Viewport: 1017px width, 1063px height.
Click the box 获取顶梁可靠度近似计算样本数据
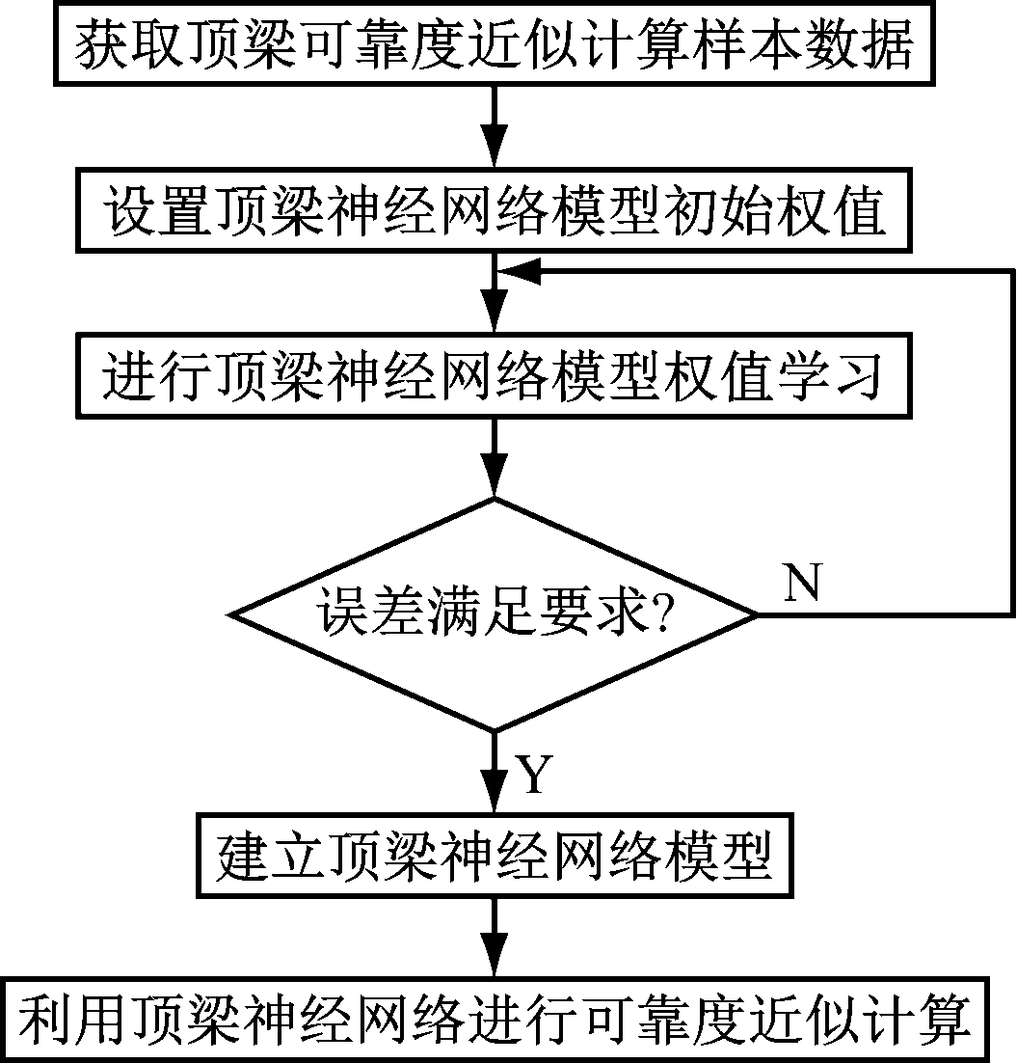(x=494, y=44)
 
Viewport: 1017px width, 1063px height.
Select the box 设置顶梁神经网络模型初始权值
(x=494, y=212)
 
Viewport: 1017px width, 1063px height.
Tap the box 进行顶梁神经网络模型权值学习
(x=494, y=376)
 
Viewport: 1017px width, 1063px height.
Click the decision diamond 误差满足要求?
(x=494, y=614)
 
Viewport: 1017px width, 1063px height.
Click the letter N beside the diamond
(x=803, y=582)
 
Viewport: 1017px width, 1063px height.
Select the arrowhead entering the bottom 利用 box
(x=495, y=963)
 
